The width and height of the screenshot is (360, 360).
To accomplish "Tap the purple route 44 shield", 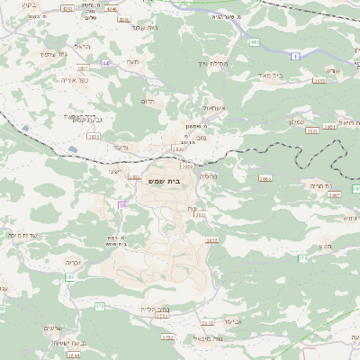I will pos(105,64).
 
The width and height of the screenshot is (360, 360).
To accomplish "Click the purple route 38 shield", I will pos(121,204).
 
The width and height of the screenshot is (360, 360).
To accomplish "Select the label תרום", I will pos(149,102).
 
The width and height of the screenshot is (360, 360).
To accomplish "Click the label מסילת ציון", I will pos(211,64).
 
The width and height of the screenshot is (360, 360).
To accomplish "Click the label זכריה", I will pos(74,262).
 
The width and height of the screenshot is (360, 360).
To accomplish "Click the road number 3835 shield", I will pos(93,136).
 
